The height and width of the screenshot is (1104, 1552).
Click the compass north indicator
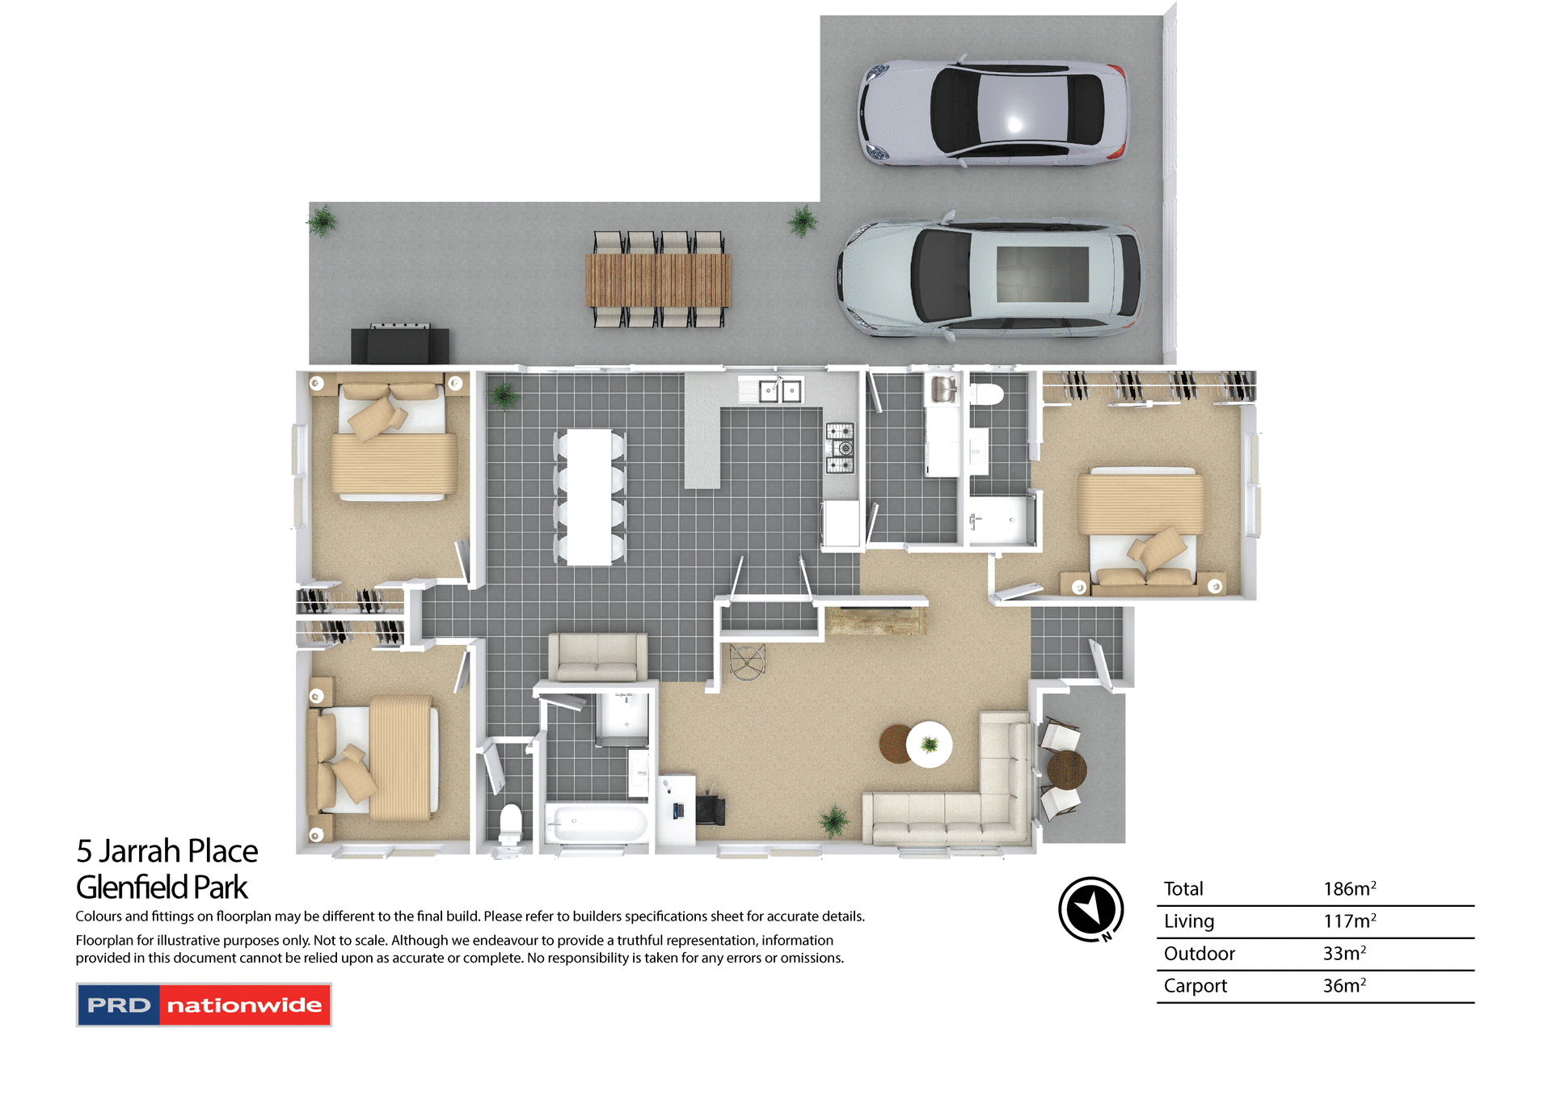coord(1090,909)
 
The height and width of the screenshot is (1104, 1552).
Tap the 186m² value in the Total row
coord(1349,889)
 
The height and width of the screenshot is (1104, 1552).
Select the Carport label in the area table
coord(1195,986)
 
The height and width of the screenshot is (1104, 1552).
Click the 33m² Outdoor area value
coord(1344,954)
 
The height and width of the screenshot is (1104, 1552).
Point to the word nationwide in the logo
coord(244,1005)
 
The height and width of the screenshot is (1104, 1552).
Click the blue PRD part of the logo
coord(119,1005)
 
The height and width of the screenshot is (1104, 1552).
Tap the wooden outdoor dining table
coord(658,280)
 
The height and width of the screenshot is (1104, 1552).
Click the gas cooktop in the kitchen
coord(840,448)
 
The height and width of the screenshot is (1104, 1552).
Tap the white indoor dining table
coord(588,497)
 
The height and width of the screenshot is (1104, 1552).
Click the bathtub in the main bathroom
coord(597,824)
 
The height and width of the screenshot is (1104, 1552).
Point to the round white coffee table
coord(929,744)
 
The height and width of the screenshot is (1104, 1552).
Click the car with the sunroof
coord(990,276)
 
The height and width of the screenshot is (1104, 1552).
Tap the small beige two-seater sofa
coord(597,656)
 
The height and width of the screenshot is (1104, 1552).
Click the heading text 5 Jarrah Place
coord(167,851)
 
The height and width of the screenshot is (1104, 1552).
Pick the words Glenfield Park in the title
coord(162,887)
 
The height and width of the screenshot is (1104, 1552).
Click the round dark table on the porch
coord(1066,769)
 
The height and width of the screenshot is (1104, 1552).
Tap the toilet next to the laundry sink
coord(986,394)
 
